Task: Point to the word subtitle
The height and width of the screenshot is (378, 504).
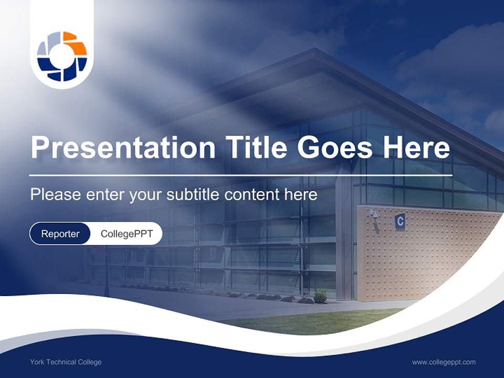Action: click(x=194, y=195)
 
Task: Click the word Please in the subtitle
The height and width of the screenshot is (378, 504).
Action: click(x=55, y=195)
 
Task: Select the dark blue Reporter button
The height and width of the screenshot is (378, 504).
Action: click(x=60, y=234)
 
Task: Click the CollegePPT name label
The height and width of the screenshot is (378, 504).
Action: click(x=127, y=234)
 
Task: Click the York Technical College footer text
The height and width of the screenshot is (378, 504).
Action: click(x=66, y=362)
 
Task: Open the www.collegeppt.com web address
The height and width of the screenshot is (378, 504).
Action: click(x=444, y=362)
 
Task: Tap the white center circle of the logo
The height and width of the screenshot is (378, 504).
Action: click(x=62, y=56)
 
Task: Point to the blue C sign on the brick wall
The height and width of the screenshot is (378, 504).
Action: click(x=400, y=222)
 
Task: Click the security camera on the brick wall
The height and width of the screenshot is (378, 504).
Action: click(x=374, y=214)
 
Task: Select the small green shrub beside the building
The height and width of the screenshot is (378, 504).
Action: click(x=320, y=296)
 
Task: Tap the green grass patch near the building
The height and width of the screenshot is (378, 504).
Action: click(x=315, y=321)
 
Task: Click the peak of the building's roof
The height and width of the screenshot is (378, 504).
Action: click(x=314, y=50)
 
